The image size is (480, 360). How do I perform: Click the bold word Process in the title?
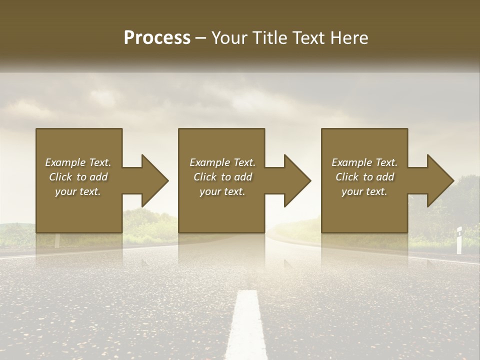click(x=157, y=38)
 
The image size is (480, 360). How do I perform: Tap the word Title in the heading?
click(x=266, y=38)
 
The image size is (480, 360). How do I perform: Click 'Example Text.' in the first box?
click(x=78, y=162)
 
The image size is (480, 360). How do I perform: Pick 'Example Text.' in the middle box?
click(x=222, y=162)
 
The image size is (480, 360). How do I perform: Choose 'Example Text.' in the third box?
click(x=364, y=162)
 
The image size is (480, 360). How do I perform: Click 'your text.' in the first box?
click(x=78, y=191)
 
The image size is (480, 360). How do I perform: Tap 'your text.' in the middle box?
click(x=222, y=191)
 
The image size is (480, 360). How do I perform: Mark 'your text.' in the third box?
click(x=364, y=191)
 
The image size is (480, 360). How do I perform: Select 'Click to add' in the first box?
click(x=78, y=177)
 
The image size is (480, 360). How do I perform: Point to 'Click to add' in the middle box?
click(x=222, y=177)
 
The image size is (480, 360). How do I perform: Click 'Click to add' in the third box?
click(x=364, y=177)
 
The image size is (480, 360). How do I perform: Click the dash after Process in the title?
click(x=200, y=38)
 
